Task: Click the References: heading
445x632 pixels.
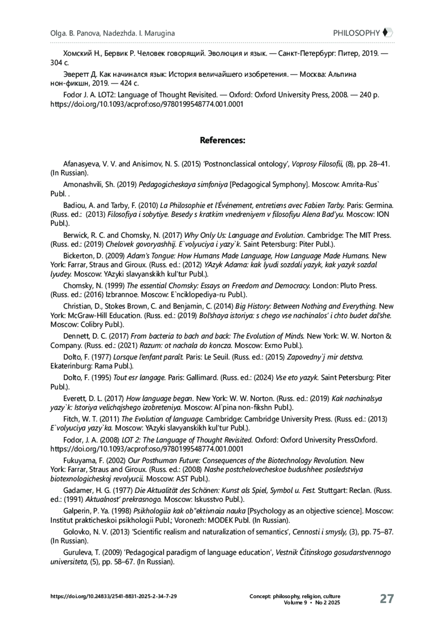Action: click(222, 140)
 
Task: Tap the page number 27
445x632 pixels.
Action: click(386, 599)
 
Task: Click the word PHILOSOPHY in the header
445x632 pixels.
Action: click(356, 33)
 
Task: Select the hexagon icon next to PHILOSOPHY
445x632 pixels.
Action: click(387, 33)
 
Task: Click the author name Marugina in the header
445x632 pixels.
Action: click(159, 33)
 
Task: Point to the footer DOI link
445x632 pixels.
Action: click(113, 596)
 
